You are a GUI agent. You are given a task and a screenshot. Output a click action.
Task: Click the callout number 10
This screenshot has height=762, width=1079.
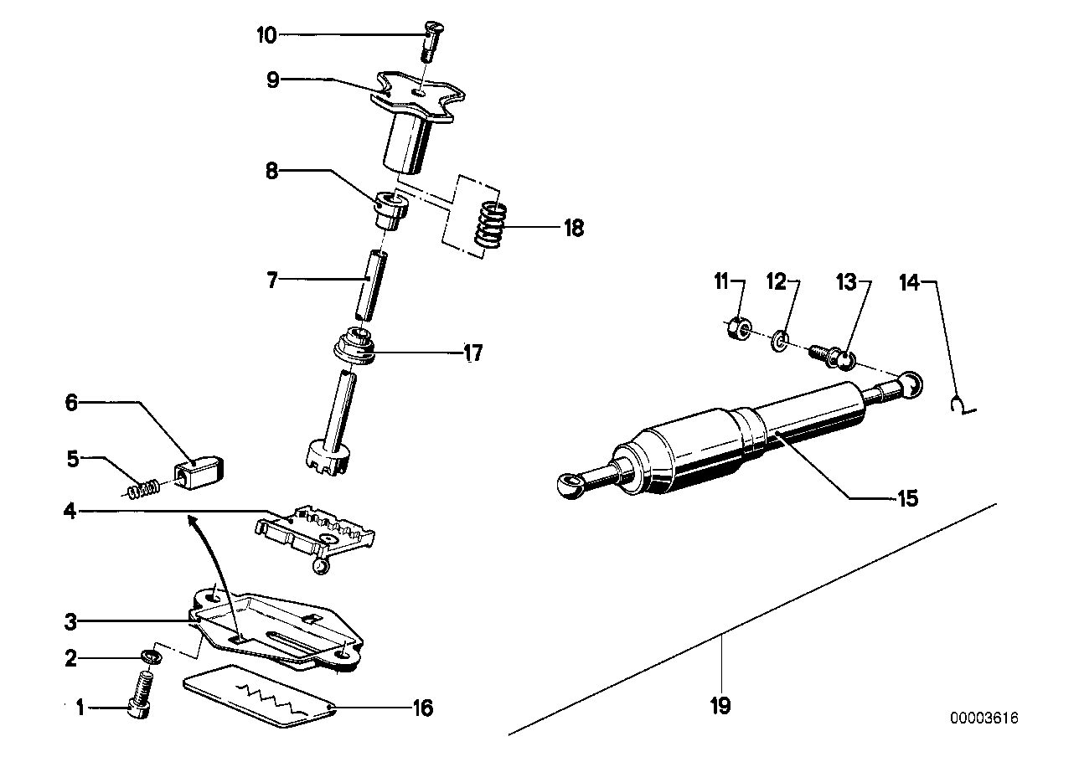(266, 35)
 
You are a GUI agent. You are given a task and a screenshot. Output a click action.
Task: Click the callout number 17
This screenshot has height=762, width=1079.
(472, 354)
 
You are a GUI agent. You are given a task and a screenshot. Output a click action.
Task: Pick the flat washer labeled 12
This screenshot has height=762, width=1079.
(779, 341)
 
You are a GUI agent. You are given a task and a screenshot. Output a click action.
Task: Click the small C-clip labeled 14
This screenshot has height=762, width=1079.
(960, 407)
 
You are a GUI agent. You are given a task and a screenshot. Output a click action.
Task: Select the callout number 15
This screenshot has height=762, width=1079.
(907, 498)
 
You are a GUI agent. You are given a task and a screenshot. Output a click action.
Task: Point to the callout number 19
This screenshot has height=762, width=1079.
(720, 706)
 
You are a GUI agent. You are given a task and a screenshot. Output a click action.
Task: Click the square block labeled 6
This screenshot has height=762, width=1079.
(204, 471)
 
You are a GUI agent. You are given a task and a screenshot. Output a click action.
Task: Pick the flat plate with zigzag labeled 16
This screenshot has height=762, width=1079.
(260, 694)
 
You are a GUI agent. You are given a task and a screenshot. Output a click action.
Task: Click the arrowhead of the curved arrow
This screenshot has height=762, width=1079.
(191, 521)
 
